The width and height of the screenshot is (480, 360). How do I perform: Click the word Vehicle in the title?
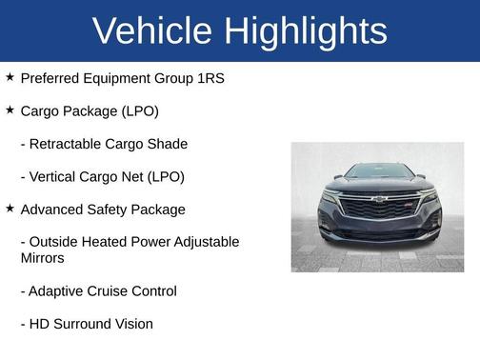click(151, 31)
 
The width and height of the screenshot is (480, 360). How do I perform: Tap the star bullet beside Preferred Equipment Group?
click(10, 76)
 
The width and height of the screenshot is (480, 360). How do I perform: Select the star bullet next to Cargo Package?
click(10, 110)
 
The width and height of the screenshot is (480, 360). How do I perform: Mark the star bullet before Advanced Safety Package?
click(10, 208)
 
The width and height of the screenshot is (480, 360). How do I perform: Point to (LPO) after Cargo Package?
click(139, 111)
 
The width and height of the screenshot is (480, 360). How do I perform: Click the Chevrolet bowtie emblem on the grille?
click(378, 200)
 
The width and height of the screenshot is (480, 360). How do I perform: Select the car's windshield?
click(378, 172)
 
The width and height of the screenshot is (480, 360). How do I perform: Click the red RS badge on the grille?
click(407, 204)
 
